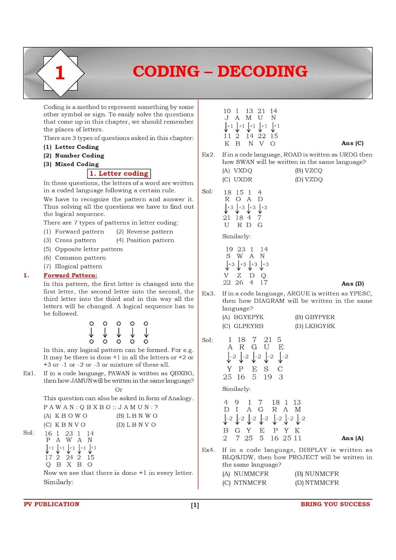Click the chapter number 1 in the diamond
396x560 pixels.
tap(60, 72)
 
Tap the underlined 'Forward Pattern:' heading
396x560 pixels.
tap(70, 276)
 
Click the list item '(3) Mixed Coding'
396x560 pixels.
tap(71, 164)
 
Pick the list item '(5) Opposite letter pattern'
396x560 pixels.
tap(83, 249)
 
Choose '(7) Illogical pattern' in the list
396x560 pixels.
tap(73, 267)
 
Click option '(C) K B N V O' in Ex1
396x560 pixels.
tap(65, 425)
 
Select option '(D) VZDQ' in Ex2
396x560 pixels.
tap(309, 180)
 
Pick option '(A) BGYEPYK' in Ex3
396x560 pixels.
tap(243, 317)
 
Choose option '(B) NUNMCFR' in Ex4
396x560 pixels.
tap(317, 474)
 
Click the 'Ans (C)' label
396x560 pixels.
tap(352, 143)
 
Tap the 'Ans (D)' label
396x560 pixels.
tap(352, 284)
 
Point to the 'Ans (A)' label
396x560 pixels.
tap(352, 438)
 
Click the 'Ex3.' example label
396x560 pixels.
tap(208, 294)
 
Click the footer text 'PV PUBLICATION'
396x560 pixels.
tap(52, 504)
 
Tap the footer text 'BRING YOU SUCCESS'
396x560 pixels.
tap(335, 504)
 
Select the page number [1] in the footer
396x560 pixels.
tap(195, 505)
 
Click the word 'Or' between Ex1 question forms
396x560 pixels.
tap(119, 390)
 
